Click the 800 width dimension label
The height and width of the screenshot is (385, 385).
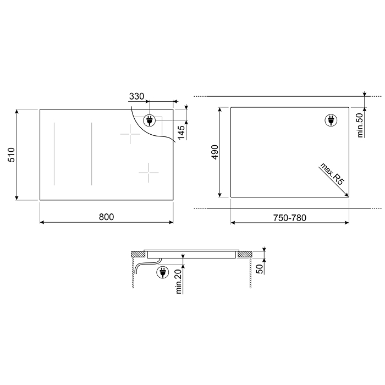[x=106, y=217]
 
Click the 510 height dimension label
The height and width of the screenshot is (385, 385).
[x=12, y=155]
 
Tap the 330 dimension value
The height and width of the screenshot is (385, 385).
[x=136, y=96]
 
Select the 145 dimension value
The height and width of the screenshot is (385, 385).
[x=181, y=133]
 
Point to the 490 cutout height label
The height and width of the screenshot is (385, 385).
[x=215, y=152]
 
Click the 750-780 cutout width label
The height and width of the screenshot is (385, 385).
[x=290, y=218]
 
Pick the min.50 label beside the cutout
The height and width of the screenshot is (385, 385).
[x=360, y=125]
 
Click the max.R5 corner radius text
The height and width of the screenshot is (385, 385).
[x=332, y=174]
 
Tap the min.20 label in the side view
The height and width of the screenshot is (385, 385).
[x=179, y=282]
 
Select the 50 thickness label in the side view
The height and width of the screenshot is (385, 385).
[x=259, y=269]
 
